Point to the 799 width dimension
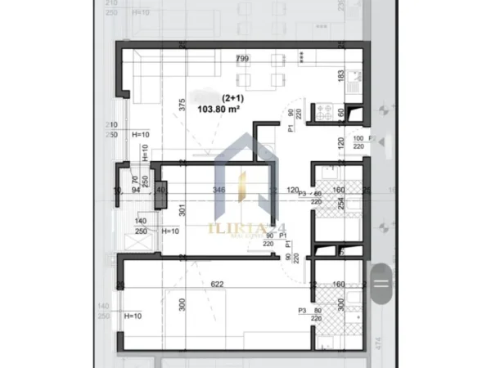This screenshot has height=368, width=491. point(242,59)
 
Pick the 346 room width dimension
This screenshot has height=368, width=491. point(218,190)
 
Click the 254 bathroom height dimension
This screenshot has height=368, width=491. point(340,202)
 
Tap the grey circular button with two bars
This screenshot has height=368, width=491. point(381,284)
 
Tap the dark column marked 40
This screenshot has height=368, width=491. point(160,190)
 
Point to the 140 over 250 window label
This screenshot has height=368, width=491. point(141,227)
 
